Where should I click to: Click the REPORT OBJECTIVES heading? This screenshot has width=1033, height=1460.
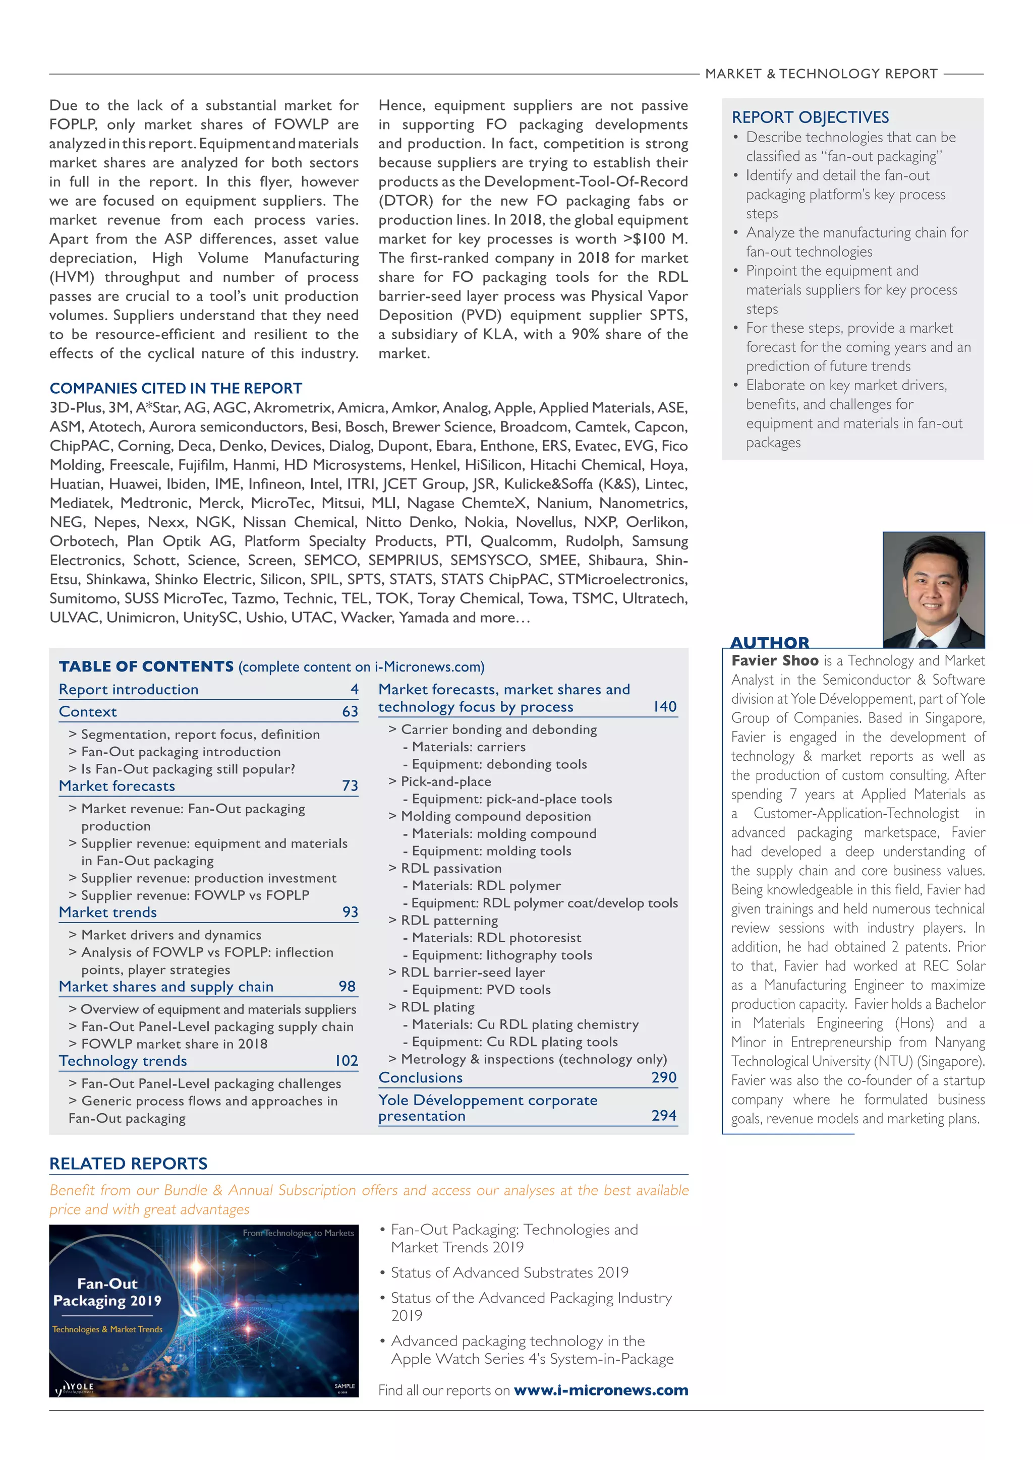coord(810,117)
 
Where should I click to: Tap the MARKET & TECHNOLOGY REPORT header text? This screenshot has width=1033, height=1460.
coord(821,74)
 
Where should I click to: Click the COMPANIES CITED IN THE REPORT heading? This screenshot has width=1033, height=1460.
coord(176,389)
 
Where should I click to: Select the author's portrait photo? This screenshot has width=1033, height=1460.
coord(933,589)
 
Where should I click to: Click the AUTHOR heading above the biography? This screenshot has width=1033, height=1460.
coord(770,642)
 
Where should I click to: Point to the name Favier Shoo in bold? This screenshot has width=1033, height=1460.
coord(774,661)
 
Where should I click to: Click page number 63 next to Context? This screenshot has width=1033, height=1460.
coord(350,711)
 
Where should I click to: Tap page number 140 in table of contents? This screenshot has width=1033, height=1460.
coord(665,706)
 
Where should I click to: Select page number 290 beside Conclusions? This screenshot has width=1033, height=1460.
coord(663,1077)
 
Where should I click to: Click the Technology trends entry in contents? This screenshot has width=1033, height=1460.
coord(123,1061)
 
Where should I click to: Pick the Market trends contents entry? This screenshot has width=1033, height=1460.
coord(107,912)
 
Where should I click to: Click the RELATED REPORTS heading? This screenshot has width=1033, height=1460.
coord(129,1164)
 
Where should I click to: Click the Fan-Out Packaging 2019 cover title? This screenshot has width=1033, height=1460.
coord(107,1292)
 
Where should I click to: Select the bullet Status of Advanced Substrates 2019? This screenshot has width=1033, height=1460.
coord(509,1272)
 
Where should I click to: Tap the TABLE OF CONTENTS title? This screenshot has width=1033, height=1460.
coord(146,666)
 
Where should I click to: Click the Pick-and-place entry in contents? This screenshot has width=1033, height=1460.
coord(445,781)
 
